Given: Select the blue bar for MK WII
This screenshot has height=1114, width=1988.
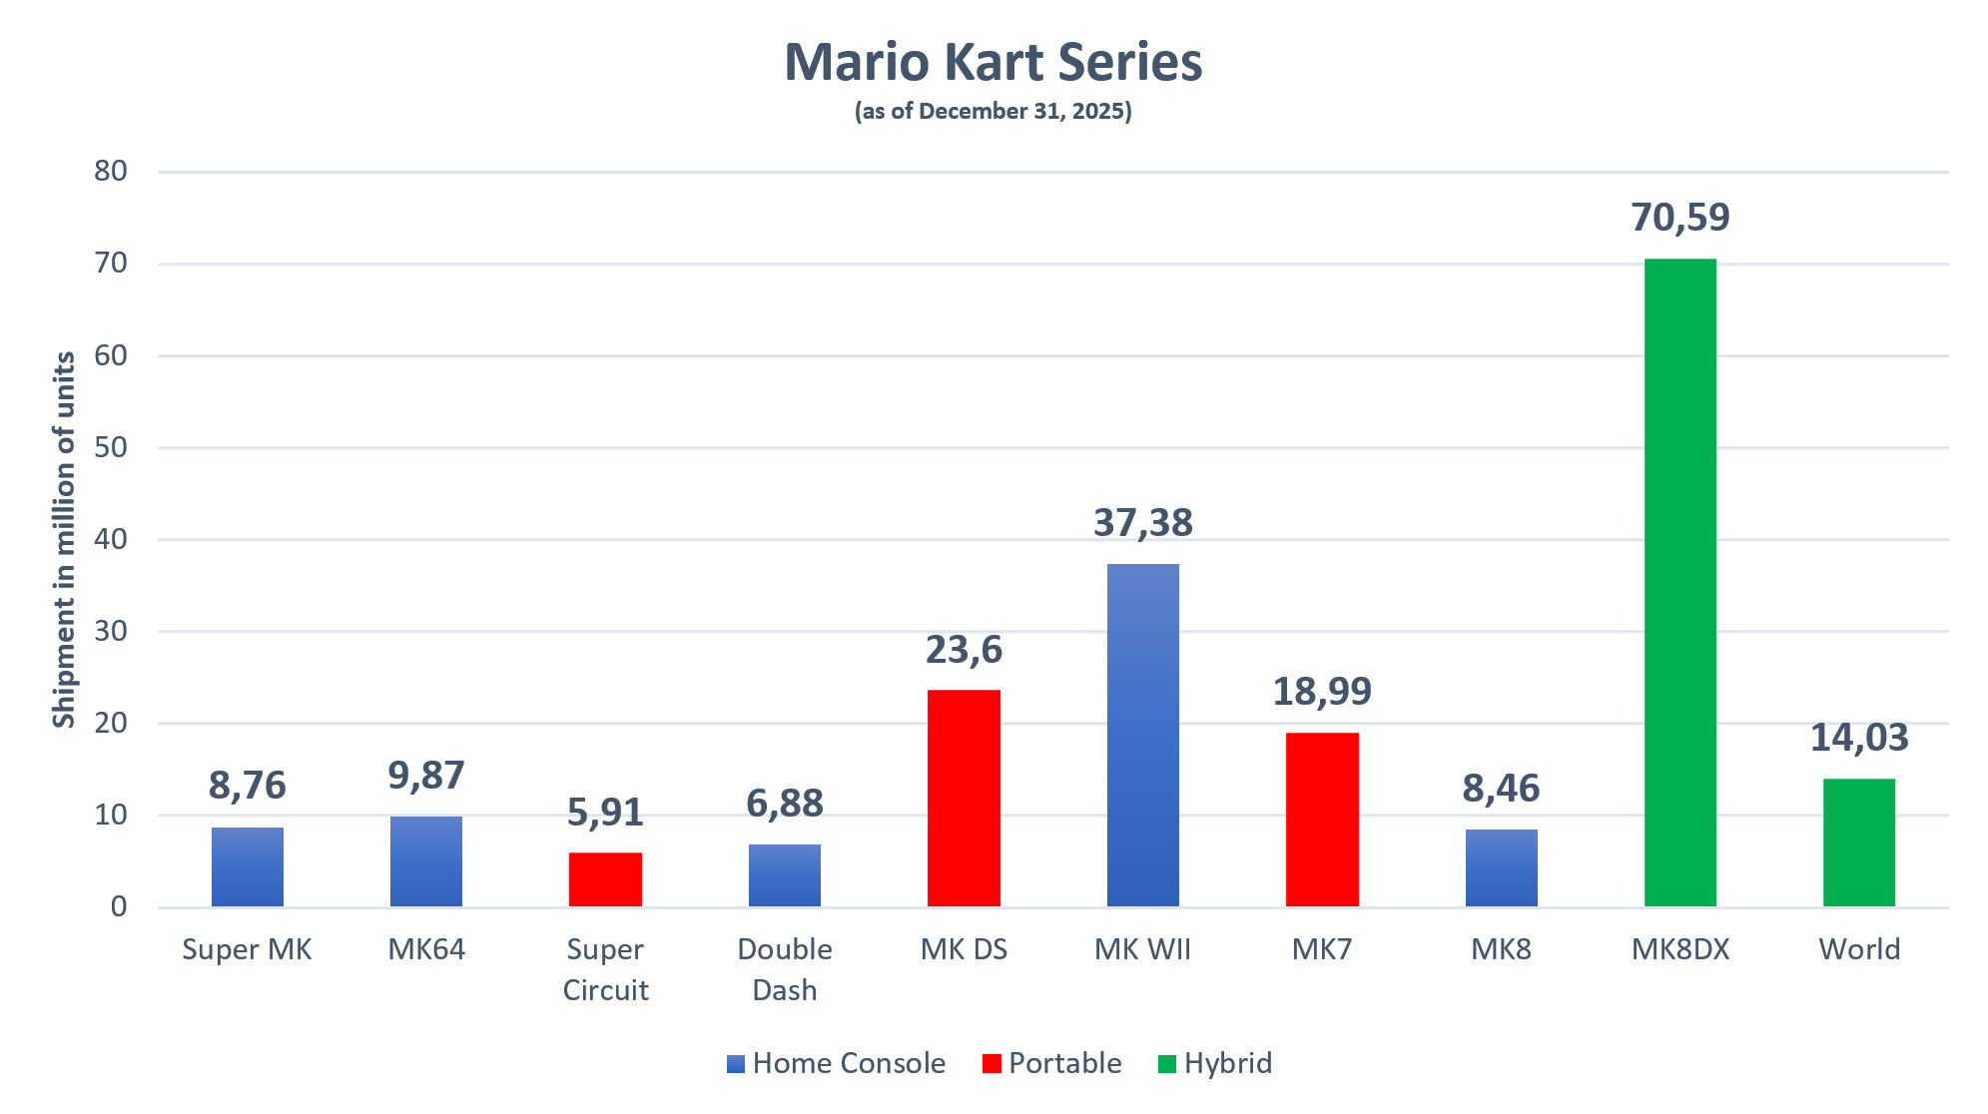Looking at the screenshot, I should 1142,735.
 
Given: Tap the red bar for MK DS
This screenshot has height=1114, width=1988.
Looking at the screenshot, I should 964,798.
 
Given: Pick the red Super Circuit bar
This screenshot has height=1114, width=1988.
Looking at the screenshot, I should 605,879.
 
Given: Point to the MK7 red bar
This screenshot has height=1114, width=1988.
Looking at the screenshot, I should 1322,820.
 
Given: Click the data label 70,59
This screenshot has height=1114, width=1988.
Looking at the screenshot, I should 1679,218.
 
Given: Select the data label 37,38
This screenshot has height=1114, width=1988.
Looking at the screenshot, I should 1142,523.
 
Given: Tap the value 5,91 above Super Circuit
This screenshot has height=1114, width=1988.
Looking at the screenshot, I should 605,813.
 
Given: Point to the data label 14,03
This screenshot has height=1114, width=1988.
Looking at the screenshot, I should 1858,738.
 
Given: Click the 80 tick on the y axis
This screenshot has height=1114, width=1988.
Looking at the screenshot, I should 111,171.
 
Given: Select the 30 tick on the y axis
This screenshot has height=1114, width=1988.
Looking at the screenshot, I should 111,631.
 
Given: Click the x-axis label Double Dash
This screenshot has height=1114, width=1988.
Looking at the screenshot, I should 785,969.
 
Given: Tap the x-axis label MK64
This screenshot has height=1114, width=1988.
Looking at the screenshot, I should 426,949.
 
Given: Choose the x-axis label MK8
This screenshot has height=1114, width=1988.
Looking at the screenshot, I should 1501,949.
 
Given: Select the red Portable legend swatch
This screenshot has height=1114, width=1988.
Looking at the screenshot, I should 992,1064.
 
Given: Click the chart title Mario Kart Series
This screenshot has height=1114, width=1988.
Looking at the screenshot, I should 993,62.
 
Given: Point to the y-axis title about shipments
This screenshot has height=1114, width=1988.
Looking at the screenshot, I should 64,539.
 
